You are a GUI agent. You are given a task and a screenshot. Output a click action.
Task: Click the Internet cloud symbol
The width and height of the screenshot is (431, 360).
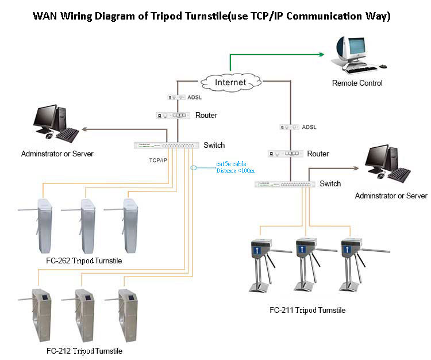click(230, 82)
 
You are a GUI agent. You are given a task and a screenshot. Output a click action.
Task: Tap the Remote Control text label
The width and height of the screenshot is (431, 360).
click(357, 83)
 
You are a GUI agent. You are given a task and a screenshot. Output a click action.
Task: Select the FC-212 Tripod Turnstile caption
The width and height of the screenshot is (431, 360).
click(84, 350)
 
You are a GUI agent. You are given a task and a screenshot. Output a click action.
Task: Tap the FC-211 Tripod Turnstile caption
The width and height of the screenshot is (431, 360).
click(307, 310)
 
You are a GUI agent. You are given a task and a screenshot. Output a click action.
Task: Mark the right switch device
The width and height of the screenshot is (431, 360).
click(285, 184)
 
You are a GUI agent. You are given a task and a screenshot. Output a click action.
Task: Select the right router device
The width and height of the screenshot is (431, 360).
click(284, 154)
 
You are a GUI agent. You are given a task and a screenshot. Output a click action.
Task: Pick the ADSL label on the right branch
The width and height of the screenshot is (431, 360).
click(309, 127)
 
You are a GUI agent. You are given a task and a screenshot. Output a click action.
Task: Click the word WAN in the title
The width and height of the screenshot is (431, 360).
click(45, 16)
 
